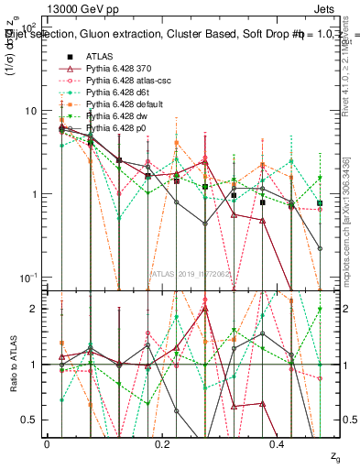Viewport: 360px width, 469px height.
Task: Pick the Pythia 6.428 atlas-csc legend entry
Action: (x=120, y=81)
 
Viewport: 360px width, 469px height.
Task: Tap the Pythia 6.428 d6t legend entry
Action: (x=113, y=93)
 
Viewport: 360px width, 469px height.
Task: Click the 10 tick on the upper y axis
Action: (x=30, y=111)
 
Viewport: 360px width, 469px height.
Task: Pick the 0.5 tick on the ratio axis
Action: (x=27, y=420)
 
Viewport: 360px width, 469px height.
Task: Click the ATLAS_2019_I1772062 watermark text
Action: (x=190, y=273)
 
